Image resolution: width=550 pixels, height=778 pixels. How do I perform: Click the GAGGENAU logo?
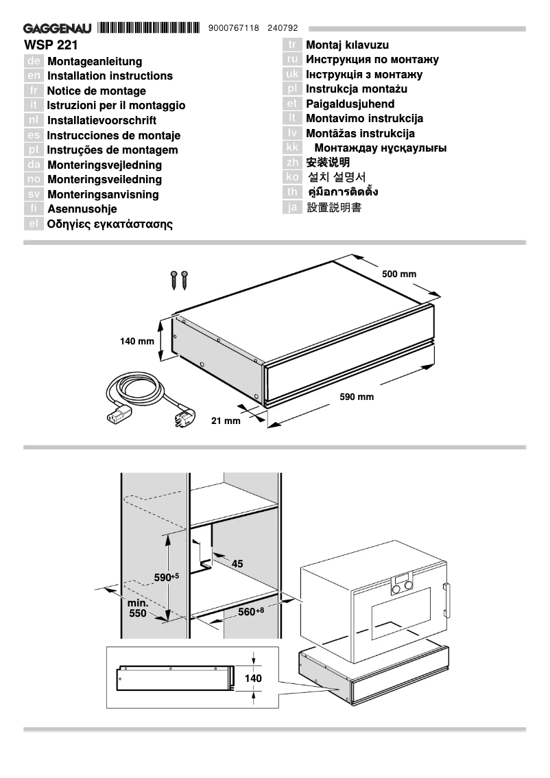[59, 29]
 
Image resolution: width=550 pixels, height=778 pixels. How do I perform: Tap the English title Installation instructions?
[110, 76]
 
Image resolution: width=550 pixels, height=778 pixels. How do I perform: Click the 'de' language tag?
[34, 62]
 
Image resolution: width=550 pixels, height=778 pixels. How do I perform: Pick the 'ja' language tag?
[293, 207]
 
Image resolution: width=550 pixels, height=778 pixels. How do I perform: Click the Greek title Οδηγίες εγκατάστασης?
[110, 224]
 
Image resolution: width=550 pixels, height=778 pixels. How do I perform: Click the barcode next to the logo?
[147, 28]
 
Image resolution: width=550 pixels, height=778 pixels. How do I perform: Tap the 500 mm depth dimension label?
[399, 274]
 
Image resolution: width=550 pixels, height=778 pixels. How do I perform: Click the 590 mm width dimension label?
[357, 397]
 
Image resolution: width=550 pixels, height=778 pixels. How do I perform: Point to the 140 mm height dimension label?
[137, 341]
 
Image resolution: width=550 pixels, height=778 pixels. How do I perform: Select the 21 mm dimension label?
[226, 421]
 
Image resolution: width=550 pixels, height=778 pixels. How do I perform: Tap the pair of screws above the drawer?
[179, 279]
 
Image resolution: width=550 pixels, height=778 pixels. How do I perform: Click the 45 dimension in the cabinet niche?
[237, 564]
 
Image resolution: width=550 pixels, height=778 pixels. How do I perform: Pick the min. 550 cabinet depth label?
[138, 609]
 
